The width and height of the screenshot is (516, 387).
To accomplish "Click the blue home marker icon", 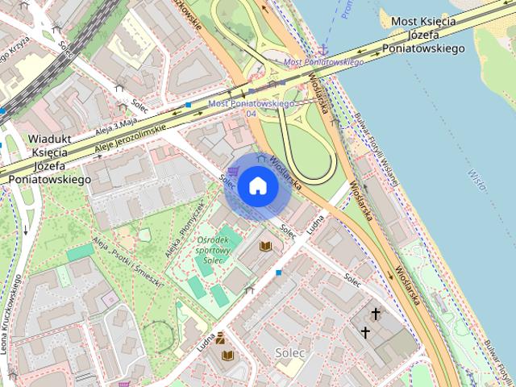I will click(257, 186).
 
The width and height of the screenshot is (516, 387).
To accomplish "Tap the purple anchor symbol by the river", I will click(323, 51).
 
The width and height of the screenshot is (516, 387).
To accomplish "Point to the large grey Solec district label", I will click(290, 352).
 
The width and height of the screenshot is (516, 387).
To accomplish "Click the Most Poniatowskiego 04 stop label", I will click(252, 108).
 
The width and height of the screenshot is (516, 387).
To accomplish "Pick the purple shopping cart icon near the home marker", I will click(232, 171).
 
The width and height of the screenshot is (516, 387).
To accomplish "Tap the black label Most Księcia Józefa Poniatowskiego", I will click(427, 35).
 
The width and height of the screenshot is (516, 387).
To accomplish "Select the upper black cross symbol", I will click(375, 314).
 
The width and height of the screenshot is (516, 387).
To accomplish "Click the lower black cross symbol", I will click(364, 331).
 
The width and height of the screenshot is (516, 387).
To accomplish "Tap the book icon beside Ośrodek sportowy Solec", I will click(264, 246).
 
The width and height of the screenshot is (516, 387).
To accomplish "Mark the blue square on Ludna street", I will click(279, 273).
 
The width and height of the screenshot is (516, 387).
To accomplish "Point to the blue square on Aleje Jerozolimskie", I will click(188, 105).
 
